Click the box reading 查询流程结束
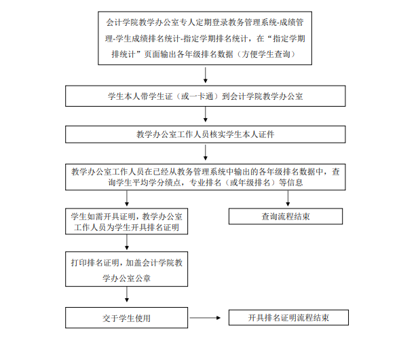pos(286,216)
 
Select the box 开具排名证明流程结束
pos(288,317)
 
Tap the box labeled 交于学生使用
pos(126,318)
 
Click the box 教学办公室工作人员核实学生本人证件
pos(206,134)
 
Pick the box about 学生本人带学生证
pos(206,96)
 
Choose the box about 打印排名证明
pos(126,269)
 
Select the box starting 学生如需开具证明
pos(126,221)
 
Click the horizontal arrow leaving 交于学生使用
pos(205,318)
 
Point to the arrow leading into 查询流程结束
pos(288,198)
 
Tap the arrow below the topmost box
pos(206,75)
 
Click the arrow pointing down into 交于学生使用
pos(127,295)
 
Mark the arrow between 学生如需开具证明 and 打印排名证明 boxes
pos(127,242)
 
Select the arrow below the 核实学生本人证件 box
pos(206,153)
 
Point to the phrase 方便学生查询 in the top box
pos(266,54)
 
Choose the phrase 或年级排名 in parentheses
pos(250,183)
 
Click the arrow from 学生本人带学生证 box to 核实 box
pos(206,114)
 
